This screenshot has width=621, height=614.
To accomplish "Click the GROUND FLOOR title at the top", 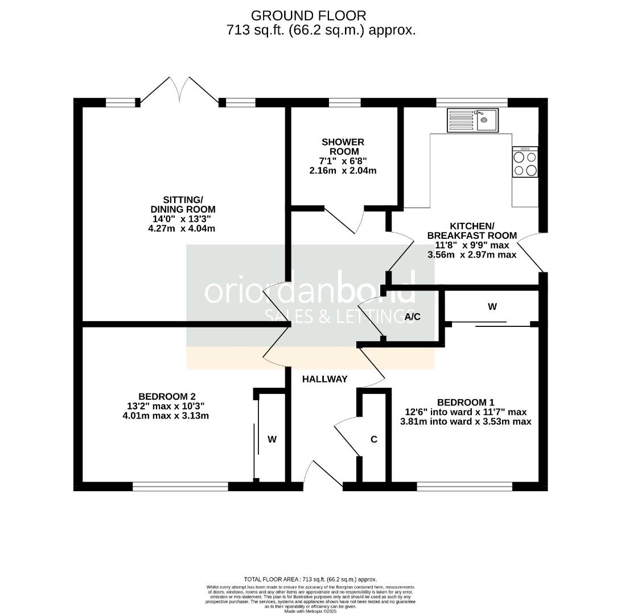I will (309, 15).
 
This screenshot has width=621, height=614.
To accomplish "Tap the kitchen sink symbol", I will (472, 120).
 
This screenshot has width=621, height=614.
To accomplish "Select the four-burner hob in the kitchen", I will (525, 162).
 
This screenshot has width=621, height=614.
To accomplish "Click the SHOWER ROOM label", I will (343, 147).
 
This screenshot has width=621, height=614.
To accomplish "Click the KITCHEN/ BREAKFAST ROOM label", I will (472, 230).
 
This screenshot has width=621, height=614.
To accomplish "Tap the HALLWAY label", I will (324, 379).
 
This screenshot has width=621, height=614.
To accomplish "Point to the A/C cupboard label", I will (413, 317).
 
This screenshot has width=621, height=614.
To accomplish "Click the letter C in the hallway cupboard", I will (374, 439).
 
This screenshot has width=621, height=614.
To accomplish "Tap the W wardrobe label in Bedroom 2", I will (272, 439).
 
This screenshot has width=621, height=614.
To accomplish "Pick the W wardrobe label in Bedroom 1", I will (492, 307).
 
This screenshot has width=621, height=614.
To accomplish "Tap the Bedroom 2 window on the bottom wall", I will (180, 486).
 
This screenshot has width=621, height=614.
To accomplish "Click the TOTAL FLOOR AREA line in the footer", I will (310, 579).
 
